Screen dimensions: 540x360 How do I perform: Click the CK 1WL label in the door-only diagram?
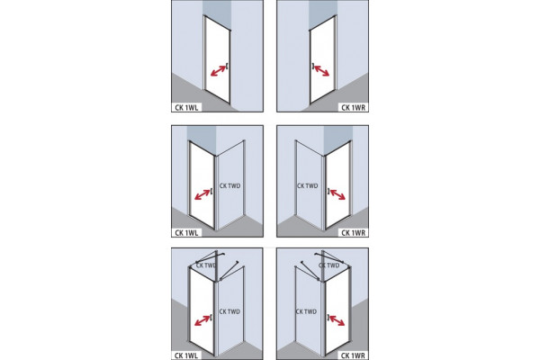(x=186, y=108)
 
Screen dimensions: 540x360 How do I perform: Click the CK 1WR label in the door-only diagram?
(x=354, y=108)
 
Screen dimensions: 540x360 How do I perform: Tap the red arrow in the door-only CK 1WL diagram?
(x=219, y=70)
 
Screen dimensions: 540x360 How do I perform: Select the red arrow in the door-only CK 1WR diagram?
(x=321, y=70)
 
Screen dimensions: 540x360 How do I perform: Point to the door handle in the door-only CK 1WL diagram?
(x=228, y=66)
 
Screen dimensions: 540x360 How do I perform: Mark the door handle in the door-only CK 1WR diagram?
(x=312, y=66)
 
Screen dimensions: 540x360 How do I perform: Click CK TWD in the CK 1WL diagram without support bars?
(x=229, y=186)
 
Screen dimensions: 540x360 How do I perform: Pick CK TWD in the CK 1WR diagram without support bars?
(x=308, y=186)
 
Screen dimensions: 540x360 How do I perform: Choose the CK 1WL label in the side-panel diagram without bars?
(x=186, y=233)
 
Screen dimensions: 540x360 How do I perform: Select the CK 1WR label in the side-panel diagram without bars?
(x=354, y=233)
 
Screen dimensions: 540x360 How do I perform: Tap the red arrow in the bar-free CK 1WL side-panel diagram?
(x=202, y=194)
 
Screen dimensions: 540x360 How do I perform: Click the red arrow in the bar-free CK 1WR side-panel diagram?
(x=337, y=194)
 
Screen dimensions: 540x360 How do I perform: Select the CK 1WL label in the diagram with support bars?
(x=186, y=355)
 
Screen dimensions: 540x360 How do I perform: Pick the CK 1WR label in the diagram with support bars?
(x=354, y=355)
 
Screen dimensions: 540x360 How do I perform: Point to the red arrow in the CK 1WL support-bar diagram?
(x=202, y=320)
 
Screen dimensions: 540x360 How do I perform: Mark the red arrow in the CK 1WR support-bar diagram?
(x=337, y=320)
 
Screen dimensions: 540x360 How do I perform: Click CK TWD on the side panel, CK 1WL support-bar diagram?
(x=229, y=311)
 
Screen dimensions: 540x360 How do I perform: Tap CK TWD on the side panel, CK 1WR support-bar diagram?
(x=306, y=311)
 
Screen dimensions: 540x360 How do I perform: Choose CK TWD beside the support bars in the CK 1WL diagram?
(x=206, y=265)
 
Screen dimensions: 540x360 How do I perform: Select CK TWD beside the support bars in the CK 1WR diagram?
(x=328, y=265)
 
